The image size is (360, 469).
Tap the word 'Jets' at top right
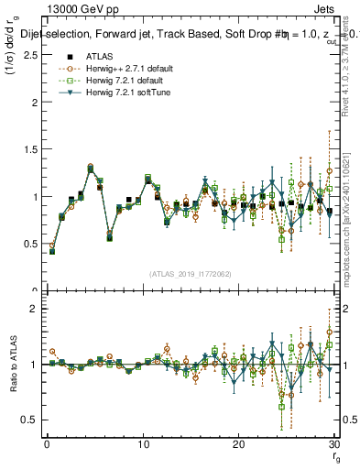point(326,8)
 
